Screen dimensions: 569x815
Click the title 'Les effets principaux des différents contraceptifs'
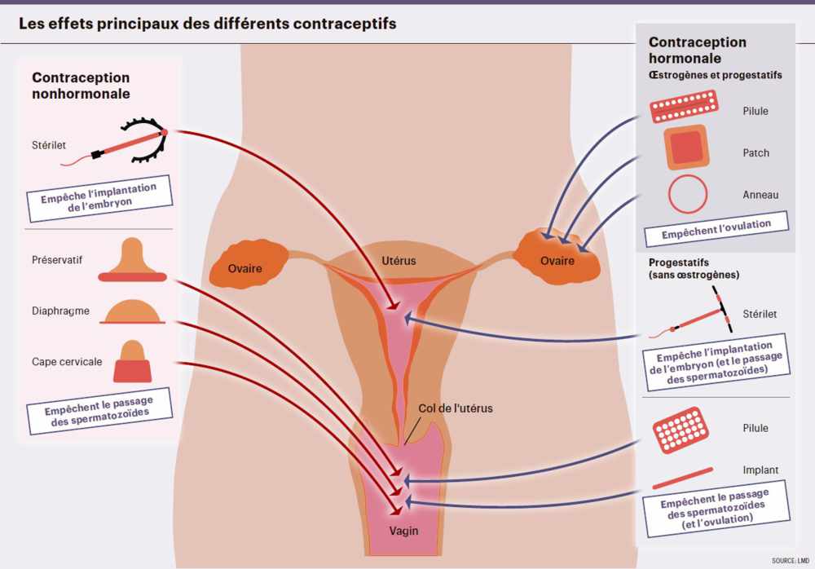coord(208,24)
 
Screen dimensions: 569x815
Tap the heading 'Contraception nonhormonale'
coord(81,86)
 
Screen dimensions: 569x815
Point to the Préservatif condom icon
coord(131,260)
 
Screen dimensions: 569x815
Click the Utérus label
coord(399,261)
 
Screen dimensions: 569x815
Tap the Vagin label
coord(403,531)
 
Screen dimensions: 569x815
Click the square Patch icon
coord(685,148)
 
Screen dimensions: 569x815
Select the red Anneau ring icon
coord(687,194)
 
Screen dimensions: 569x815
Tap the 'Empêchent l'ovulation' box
coord(717,229)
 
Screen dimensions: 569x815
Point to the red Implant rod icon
coord(683,472)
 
